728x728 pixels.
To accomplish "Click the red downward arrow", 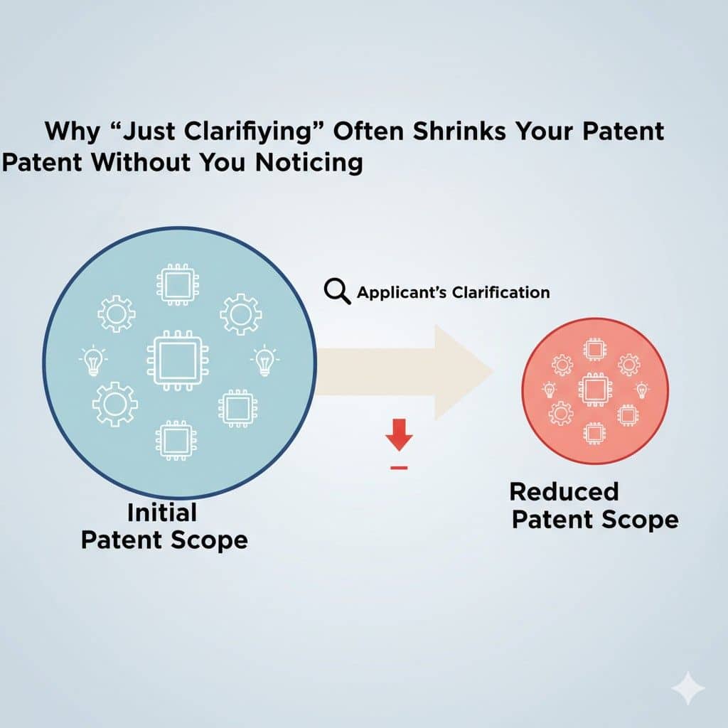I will [x=400, y=435].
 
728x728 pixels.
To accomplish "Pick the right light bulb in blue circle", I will [x=264, y=360].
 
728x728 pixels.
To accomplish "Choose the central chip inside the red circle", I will [x=594, y=388].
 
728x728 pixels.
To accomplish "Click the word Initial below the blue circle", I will [x=161, y=512].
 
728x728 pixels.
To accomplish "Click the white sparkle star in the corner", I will [x=687, y=688].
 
